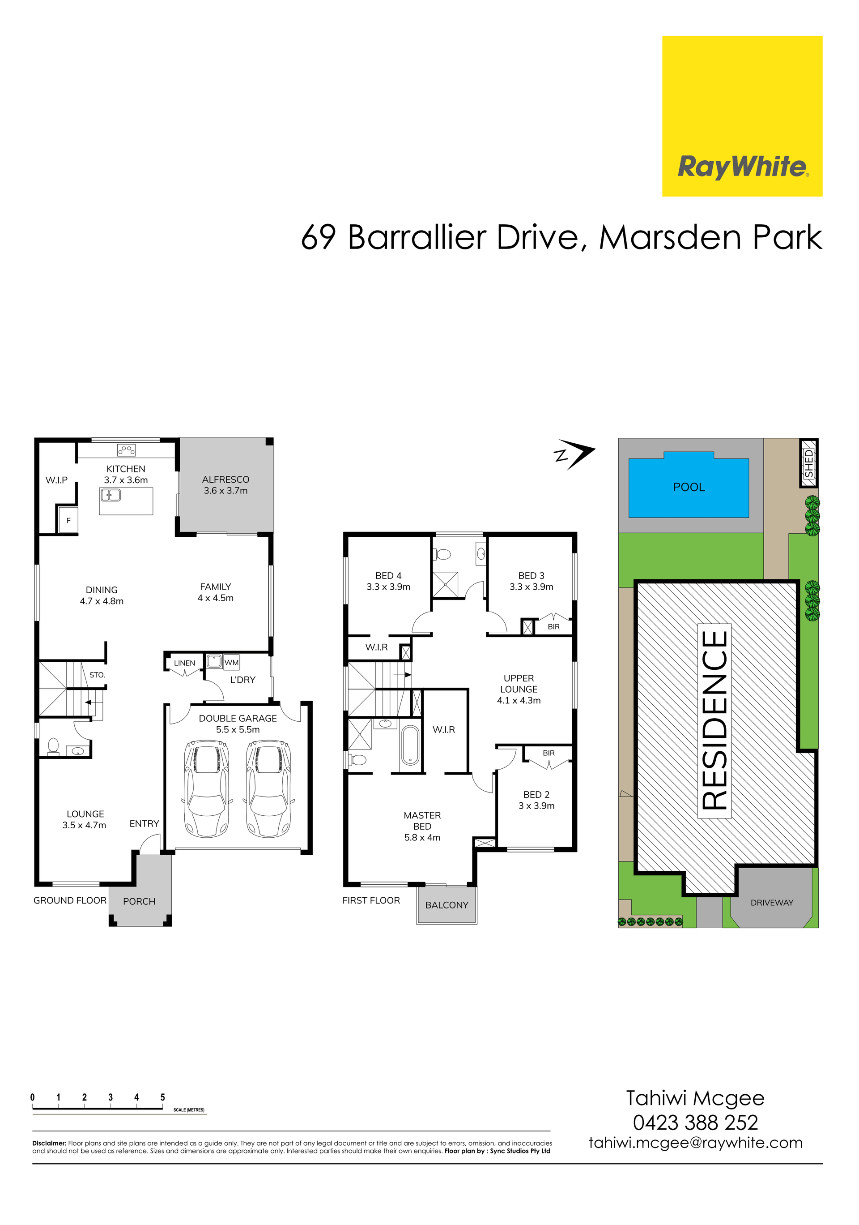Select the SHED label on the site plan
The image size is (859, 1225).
(809, 463)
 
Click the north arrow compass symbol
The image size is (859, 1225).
(574, 454)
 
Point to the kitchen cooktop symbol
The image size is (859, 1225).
(126, 450)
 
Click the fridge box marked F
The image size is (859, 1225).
(68, 520)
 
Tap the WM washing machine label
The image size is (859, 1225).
(231, 663)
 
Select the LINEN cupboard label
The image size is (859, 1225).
(184, 663)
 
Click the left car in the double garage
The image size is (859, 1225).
(207, 788)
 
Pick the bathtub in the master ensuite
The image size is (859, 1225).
(410, 745)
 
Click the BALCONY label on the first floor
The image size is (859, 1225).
(447, 905)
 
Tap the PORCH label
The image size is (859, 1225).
(139, 901)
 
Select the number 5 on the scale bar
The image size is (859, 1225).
(163, 1097)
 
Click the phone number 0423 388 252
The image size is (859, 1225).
(695, 1122)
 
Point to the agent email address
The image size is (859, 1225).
(695, 1143)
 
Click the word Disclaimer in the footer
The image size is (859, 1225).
(49, 1144)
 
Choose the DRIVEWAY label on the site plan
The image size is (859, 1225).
(772, 903)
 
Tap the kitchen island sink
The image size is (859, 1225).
(111, 495)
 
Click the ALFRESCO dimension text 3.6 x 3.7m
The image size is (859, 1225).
(225, 491)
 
